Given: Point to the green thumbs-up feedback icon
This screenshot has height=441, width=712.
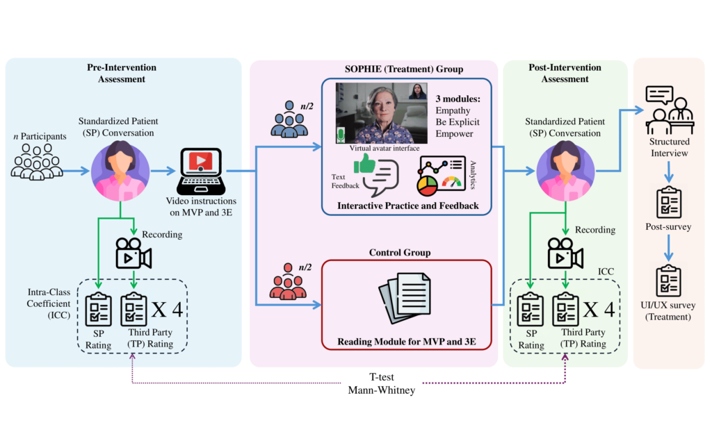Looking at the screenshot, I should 364,165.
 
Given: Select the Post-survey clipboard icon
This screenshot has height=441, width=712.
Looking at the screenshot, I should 669,203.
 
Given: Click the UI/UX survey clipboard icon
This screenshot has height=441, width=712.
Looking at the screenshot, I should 669,281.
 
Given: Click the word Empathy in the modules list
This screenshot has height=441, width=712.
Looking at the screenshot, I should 453,110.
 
